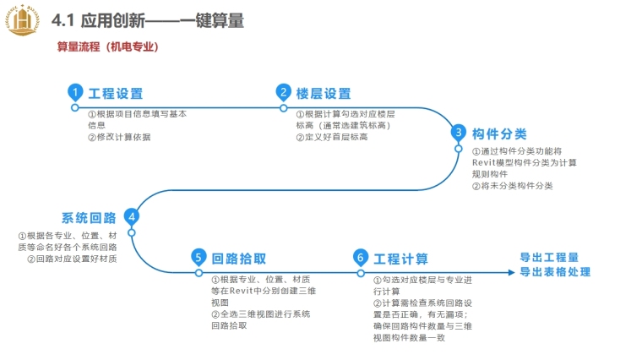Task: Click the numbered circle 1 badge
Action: (75, 93)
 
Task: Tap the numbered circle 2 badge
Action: (284, 93)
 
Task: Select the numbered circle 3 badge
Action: (458, 133)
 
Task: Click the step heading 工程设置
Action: (116, 94)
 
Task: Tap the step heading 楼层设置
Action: (324, 94)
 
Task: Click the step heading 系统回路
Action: (89, 217)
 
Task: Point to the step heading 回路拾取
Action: (239, 259)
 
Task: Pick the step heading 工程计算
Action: (401, 259)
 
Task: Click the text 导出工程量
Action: (549, 257)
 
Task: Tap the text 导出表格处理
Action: (555, 271)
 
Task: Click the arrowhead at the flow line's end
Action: (509, 272)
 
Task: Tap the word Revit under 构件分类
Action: (484, 162)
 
